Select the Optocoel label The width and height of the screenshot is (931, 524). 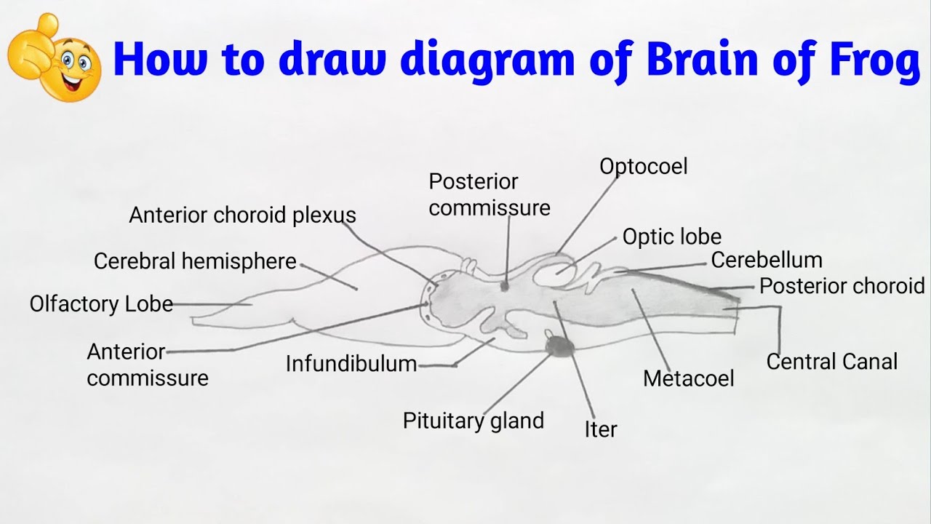[x=643, y=167]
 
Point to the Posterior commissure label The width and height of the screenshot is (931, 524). [x=489, y=194]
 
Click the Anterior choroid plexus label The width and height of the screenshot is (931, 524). [x=242, y=215]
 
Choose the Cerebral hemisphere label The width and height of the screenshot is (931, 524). [x=195, y=261]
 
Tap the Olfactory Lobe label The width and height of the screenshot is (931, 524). [x=101, y=303]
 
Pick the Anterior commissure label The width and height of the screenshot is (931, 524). [x=147, y=365]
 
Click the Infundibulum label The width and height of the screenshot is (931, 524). [x=351, y=363]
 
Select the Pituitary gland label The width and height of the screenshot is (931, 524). [x=473, y=421]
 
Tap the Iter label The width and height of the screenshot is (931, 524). [x=600, y=429]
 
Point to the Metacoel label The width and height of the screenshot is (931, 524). [x=688, y=378]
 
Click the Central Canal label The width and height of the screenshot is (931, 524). [x=831, y=361]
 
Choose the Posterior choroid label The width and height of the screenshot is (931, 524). [x=842, y=286]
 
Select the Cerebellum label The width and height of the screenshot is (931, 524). [x=766, y=260]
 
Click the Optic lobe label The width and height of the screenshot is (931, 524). [x=671, y=237]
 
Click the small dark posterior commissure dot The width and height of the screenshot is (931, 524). [x=504, y=286]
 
